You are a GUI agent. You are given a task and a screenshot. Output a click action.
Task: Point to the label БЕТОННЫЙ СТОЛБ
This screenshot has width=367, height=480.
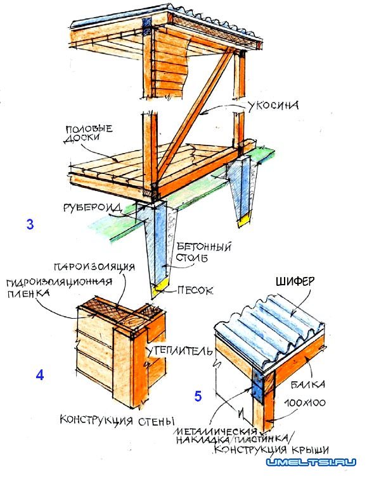pyautogui.click(x=206, y=250)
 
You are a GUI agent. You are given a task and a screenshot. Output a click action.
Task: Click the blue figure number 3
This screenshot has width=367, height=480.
pyautogui.click(x=30, y=225)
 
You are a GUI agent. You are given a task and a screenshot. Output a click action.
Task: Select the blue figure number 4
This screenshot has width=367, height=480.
pyautogui.click(x=40, y=375)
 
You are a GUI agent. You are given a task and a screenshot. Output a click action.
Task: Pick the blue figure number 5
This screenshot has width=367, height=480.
pyautogui.click(x=198, y=397)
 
